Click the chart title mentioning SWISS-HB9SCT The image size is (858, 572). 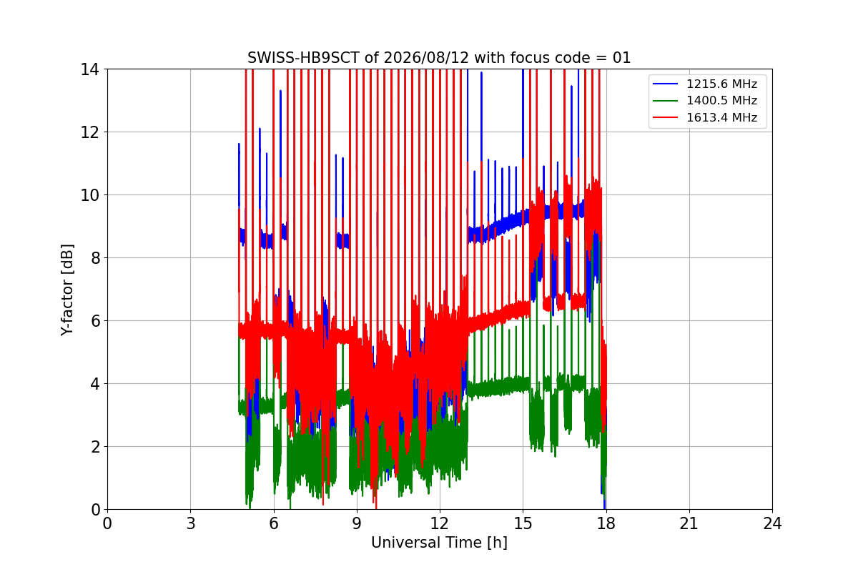[x=439, y=58]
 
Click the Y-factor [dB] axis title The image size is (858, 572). [x=66, y=290]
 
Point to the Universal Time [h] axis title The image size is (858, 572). [x=439, y=543]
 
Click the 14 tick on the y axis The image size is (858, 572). [x=89, y=69]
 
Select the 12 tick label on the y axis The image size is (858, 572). [x=89, y=132]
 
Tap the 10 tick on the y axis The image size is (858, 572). [x=89, y=195]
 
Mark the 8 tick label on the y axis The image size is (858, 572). [x=95, y=258]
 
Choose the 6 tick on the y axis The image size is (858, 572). [x=95, y=320]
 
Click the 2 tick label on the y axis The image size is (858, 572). [x=95, y=447]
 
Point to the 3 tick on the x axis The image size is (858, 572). [x=191, y=523]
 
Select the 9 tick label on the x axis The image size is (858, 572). [x=357, y=523]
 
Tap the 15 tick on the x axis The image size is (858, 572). [x=523, y=523]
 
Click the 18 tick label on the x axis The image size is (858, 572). [x=606, y=523]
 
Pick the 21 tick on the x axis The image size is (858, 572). [x=689, y=523]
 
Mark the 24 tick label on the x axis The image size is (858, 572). [x=772, y=523]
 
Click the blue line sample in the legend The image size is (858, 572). [x=666, y=84]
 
